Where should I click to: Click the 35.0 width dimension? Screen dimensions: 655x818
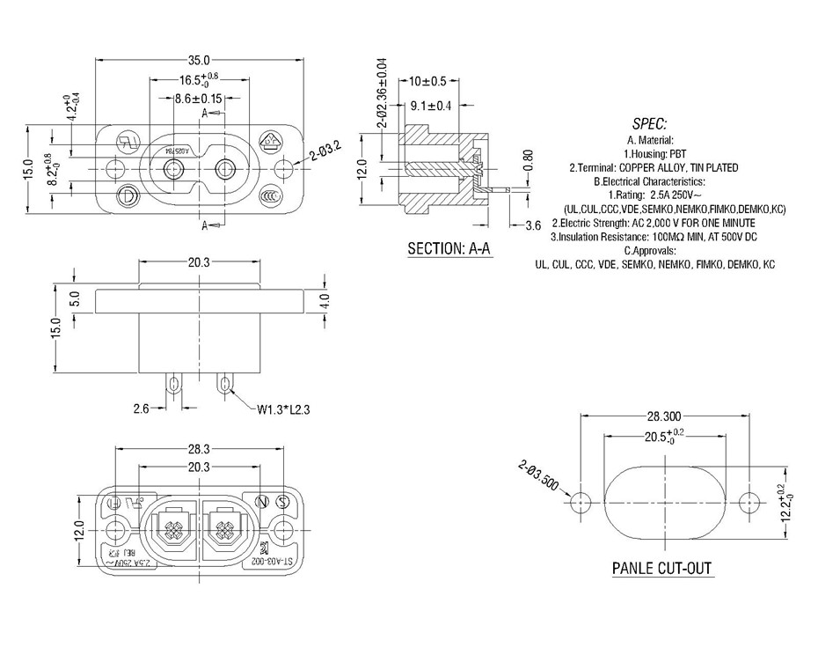click(199, 61)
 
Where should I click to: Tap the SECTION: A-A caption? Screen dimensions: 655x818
click(449, 249)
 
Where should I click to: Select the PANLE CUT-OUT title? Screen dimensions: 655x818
click(661, 568)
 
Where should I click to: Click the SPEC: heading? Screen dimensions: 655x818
click(649, 124)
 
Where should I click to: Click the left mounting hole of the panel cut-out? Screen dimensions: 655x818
click(578, 504)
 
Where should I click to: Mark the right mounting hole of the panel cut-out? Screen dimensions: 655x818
click(749, 504)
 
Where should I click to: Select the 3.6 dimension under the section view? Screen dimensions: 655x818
click(533, 225)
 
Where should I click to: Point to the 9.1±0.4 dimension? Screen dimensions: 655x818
click(431, 106)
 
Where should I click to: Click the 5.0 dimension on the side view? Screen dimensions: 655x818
click(76, 299)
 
